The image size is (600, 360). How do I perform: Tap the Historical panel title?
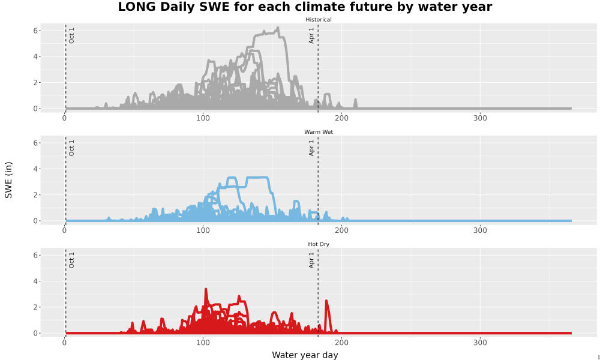coord(319,20)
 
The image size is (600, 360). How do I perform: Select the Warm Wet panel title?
coord(319,132)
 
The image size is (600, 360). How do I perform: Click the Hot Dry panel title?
coord(319,244)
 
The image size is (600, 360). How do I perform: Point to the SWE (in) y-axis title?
coord(8,180)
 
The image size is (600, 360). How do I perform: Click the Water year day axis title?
coord(305,355)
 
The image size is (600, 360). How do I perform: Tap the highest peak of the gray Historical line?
coord(278,28)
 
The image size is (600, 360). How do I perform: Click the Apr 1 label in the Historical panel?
coord(311,35)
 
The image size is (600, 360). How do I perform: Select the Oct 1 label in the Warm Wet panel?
coord(71,148)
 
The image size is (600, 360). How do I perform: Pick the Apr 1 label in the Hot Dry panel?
coord(311,260)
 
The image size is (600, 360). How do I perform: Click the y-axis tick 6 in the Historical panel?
coord(35,31)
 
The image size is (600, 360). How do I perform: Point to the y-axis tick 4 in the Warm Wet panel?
coord(35,169)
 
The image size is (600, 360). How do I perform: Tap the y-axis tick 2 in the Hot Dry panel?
coord(35,307)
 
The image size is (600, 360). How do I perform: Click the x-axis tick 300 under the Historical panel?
coord(480,118)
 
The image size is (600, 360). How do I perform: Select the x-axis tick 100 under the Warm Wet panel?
coord(203,230)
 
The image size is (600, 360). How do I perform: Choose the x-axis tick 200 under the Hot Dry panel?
coord(341,343)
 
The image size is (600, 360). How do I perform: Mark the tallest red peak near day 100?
coord(206,290)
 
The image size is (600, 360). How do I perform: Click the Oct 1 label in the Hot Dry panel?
coord(71,260)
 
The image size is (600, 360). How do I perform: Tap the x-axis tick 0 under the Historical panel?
coord(64,118)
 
